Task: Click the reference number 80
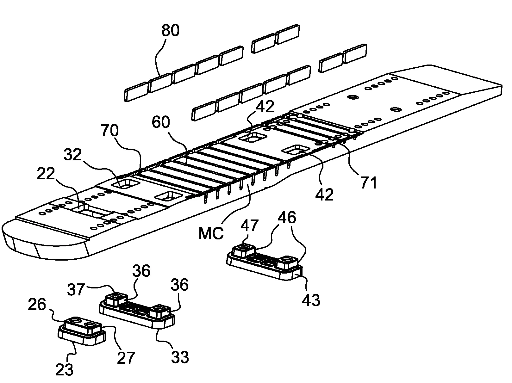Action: pyautogui.click(x=170, y=31)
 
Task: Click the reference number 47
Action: pyautogui.click(x=249, y=226)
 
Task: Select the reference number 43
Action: pyautogui.click(x=311, y=299)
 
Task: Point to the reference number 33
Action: pyautogui.click(x=180, y=357)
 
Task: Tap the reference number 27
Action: pyautogui.click(x=126, y=357)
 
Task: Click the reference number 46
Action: pyautogui.click(x=288, y=218)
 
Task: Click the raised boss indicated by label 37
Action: pyautogui.click(x=116, y=298)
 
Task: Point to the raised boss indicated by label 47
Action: pyautogui.click(x=244, y=250)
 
